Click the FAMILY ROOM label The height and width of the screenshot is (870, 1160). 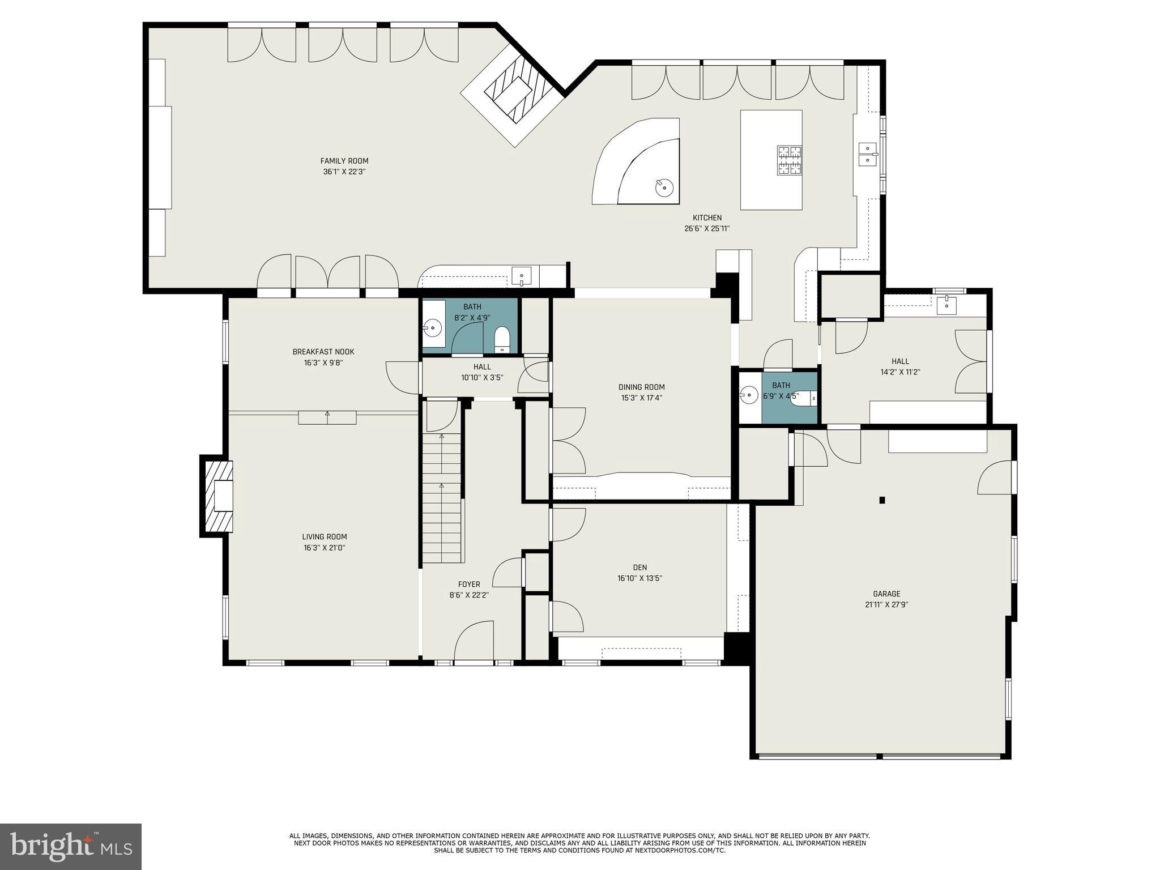pyautogui.click(x=344, y=161)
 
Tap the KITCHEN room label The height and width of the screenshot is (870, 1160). pyautogui.click(x=707, y=217)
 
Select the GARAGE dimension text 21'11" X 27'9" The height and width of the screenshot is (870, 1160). pyautogui.click(x=886, y=604)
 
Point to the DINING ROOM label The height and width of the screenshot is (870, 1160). pyautogui.click(x=641, y=387)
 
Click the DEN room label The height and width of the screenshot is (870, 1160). pyautogui.click(x=640, y=568)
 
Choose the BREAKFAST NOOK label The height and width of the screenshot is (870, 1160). pyautogui.click(x=323, y=352)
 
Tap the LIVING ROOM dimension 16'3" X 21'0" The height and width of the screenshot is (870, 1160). pyautogui.click(x=324, y=548)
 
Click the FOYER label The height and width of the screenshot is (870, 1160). pyautogui.click(x=469, y=585)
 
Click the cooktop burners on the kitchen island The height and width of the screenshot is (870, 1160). pyautogui.click(x=789, y=160)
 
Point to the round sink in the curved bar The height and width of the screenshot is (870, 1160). pyautogui.click(x=664, y=186)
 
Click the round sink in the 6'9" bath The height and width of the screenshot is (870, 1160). pyautogui.click(x=749, y=394)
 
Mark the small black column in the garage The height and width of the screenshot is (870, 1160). pyautogui.click(x=882, y=500)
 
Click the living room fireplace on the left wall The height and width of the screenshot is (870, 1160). pyautogui.click(x=217, y=496)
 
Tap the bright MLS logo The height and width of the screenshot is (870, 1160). pyautogui.click(x=71, y=846)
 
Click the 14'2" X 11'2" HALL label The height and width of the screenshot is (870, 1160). pyautogui.click(x=900, y=361)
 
